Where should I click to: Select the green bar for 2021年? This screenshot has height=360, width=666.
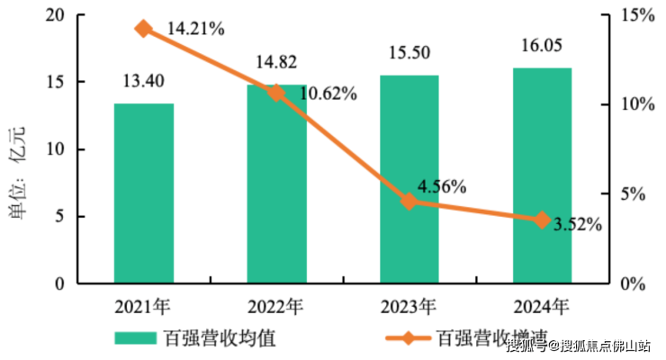point(144,193)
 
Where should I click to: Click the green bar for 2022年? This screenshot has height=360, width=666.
point(276,184)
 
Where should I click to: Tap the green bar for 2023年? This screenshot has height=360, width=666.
point(409,180)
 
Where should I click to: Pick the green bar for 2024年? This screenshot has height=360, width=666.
point(542,175)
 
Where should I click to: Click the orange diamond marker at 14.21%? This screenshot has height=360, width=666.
point(143,29)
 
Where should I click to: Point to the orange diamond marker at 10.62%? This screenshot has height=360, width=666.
point(276,92)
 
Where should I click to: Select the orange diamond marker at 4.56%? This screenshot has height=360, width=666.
point(409,201)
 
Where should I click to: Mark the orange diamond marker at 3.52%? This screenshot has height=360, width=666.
point(542,220)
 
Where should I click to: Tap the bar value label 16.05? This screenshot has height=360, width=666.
point(542,47)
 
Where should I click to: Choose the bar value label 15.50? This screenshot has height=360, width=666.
point(409,53)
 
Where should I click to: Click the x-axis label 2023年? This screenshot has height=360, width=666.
point(409,305)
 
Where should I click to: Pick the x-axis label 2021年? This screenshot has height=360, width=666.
point(144,305)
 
